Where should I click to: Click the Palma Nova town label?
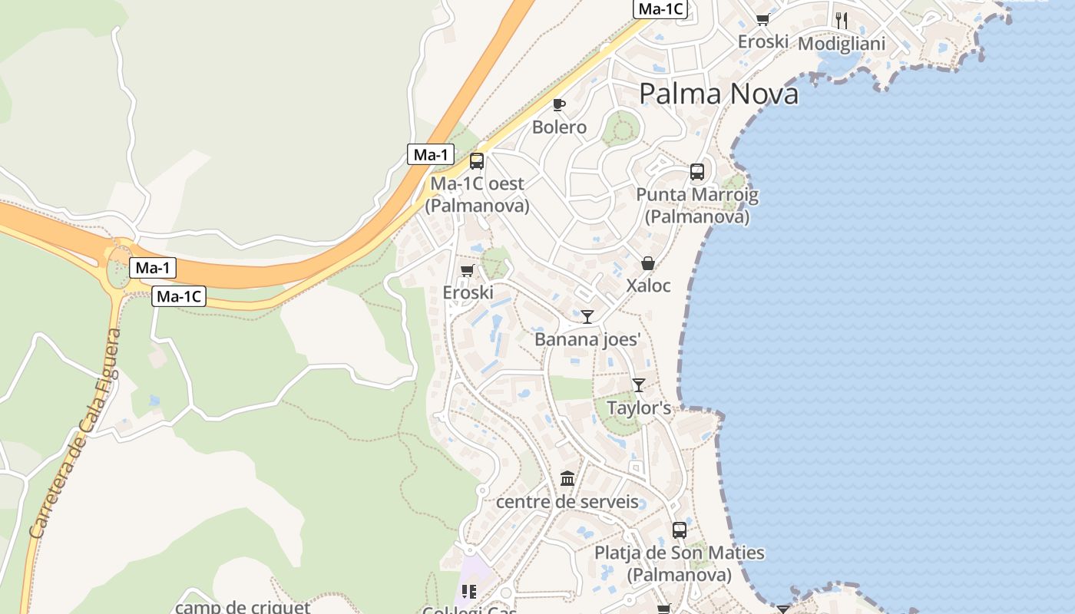coord(718,94)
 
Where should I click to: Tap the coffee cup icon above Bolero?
coord(559,104)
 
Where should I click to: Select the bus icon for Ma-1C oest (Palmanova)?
coord(477,161)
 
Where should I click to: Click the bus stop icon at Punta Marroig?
coord(697,172)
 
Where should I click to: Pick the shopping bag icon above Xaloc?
coord(648,264)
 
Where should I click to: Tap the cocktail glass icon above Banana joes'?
coord(587,316)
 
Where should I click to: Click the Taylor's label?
coord(639,408)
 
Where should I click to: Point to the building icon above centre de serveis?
coord(567,479)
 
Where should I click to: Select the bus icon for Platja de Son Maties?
coord(680,530)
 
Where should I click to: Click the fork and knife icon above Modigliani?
coord(842,20)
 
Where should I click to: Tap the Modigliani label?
coord(842,44)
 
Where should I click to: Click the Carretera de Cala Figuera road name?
coord(74,434)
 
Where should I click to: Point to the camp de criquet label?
coord(243,607)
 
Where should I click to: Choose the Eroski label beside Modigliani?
coord(762,41)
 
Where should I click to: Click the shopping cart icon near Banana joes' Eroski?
coord(467,270)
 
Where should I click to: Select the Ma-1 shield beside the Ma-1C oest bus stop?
coord(430,154)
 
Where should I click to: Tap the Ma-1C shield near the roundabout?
coord(179,296)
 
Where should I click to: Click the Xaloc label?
coord(648,286)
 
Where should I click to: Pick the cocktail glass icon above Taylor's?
coord(638,385)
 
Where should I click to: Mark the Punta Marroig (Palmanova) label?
coord(697,205)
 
